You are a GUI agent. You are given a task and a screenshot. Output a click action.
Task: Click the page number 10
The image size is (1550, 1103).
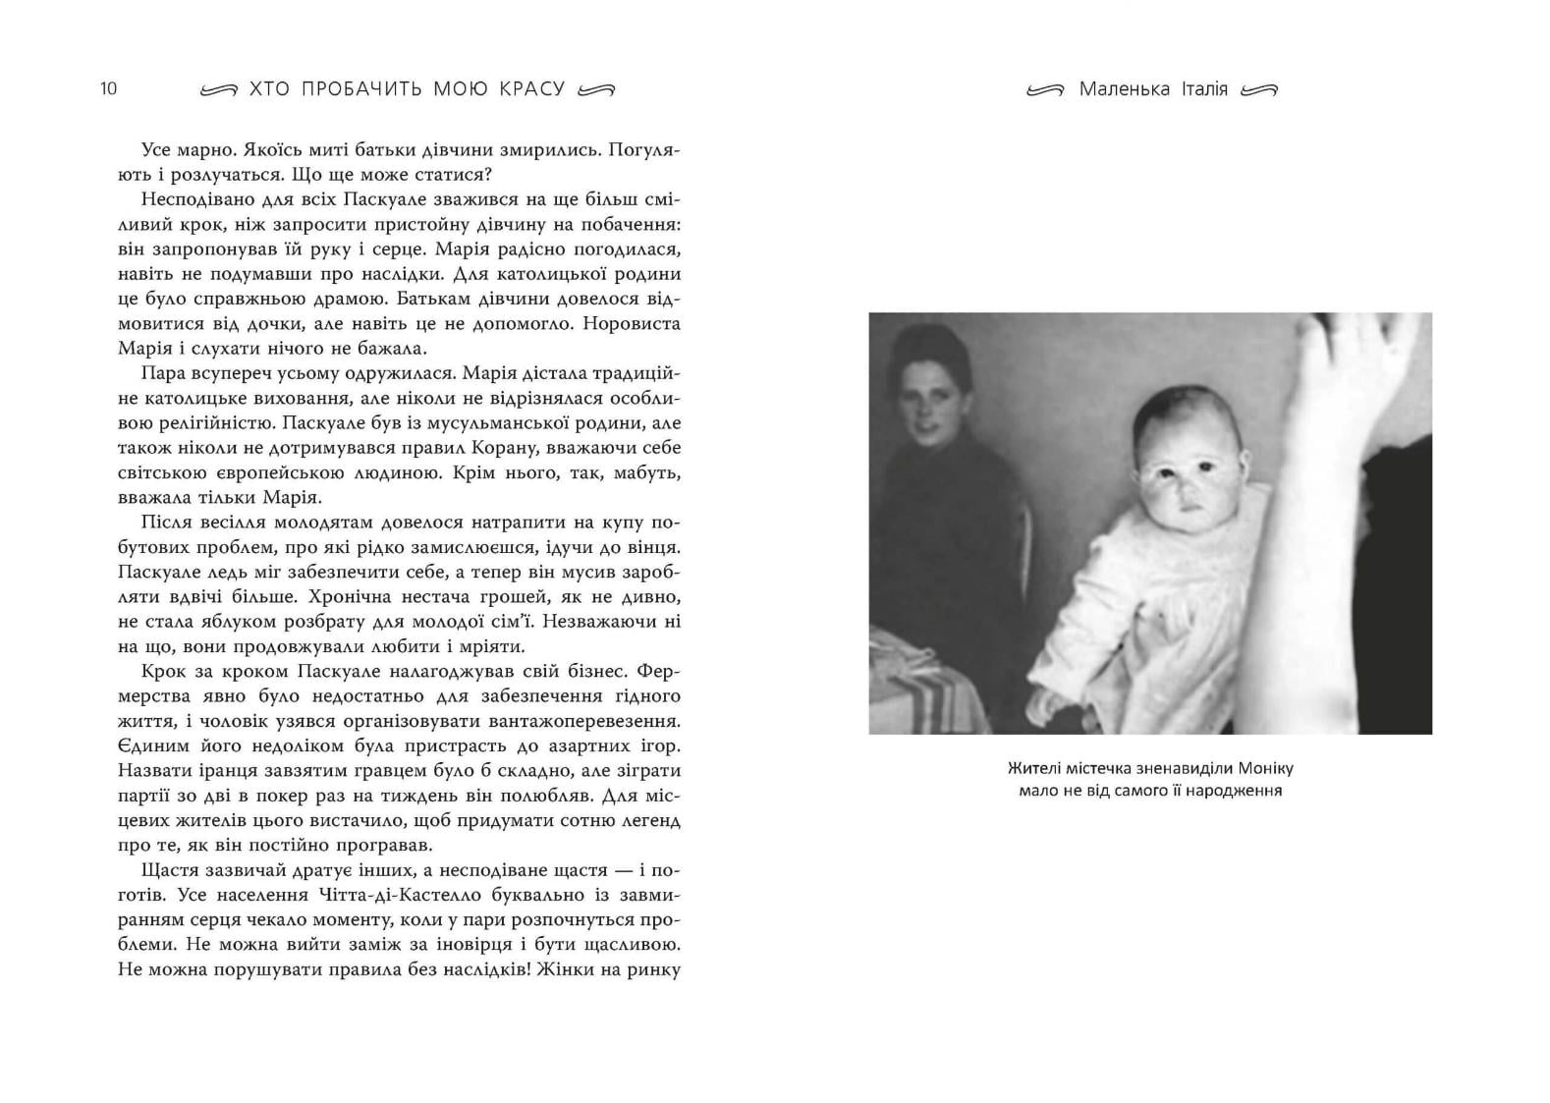click(x=108, y=88)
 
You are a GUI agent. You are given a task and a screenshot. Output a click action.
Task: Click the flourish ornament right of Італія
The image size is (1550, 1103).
click(x=1259, y=90)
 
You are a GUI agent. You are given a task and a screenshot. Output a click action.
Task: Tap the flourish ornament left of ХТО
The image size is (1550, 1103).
click(x=218, y=90)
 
